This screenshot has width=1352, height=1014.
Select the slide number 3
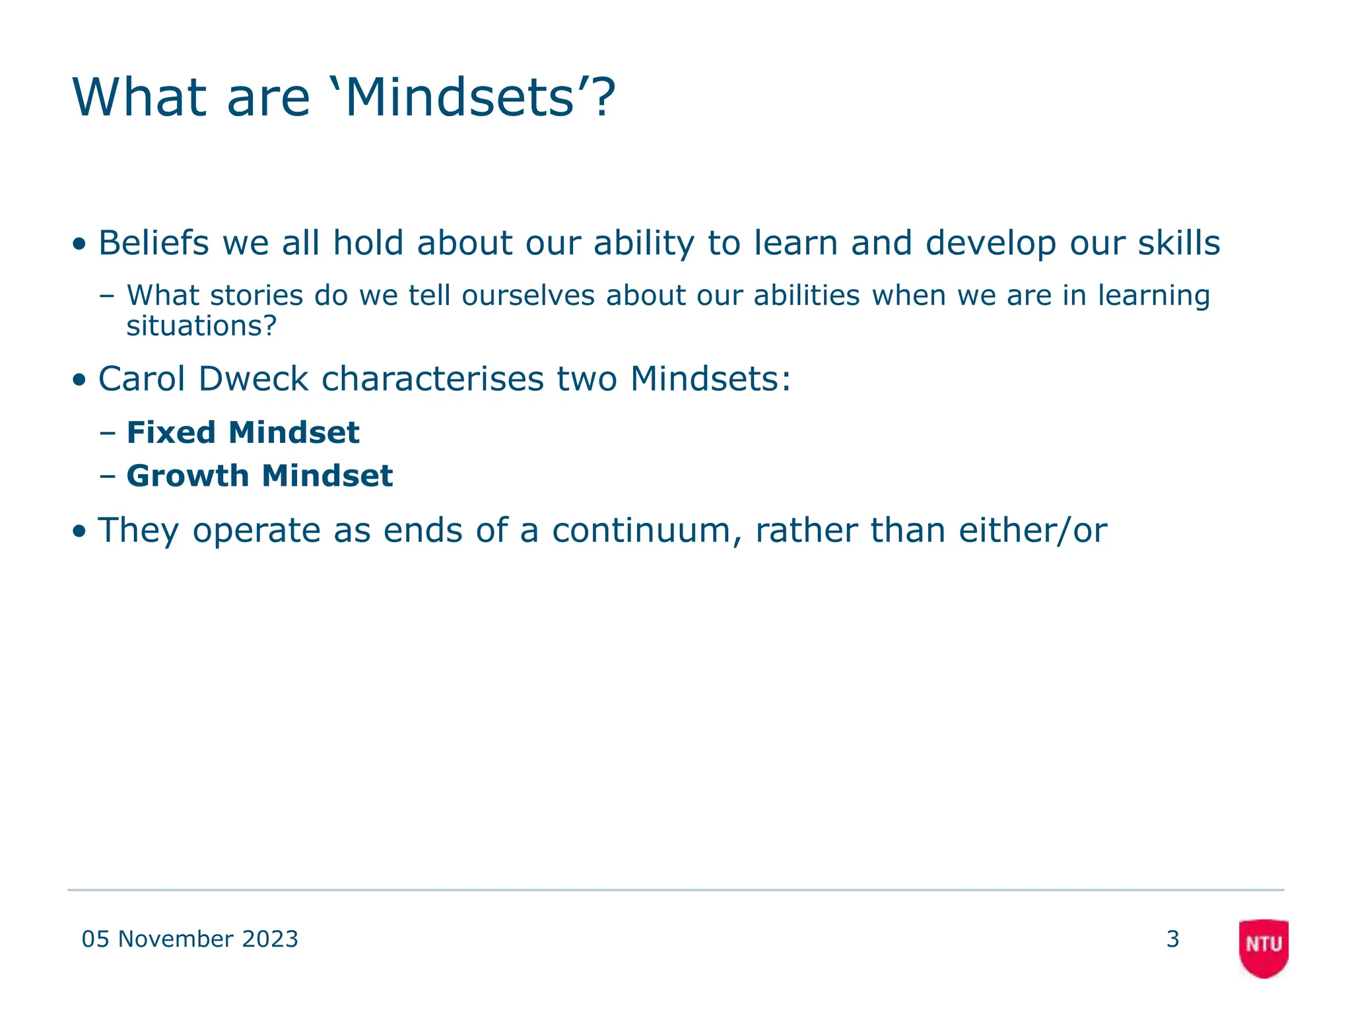click(x=1172, y=939)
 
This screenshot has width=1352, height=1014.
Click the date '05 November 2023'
click(x=189, y=939)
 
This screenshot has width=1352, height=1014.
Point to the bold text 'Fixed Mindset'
click(x=242, y=432)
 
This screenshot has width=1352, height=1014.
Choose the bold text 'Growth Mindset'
click(x=259, y=476)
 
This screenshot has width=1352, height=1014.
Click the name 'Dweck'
click(x=253, y=379)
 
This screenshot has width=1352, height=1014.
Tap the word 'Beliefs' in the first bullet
click(x=153, y=243)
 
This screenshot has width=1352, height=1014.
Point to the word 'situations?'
click(x=201, y=326)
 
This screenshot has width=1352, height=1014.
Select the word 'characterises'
click(x=432, y=379)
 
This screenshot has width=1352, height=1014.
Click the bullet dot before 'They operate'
click(x=79, y=531)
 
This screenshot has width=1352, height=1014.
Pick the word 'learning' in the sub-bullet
click(x=1153, y=295)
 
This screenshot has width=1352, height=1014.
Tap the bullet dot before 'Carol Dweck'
click(x=79, y=380)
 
